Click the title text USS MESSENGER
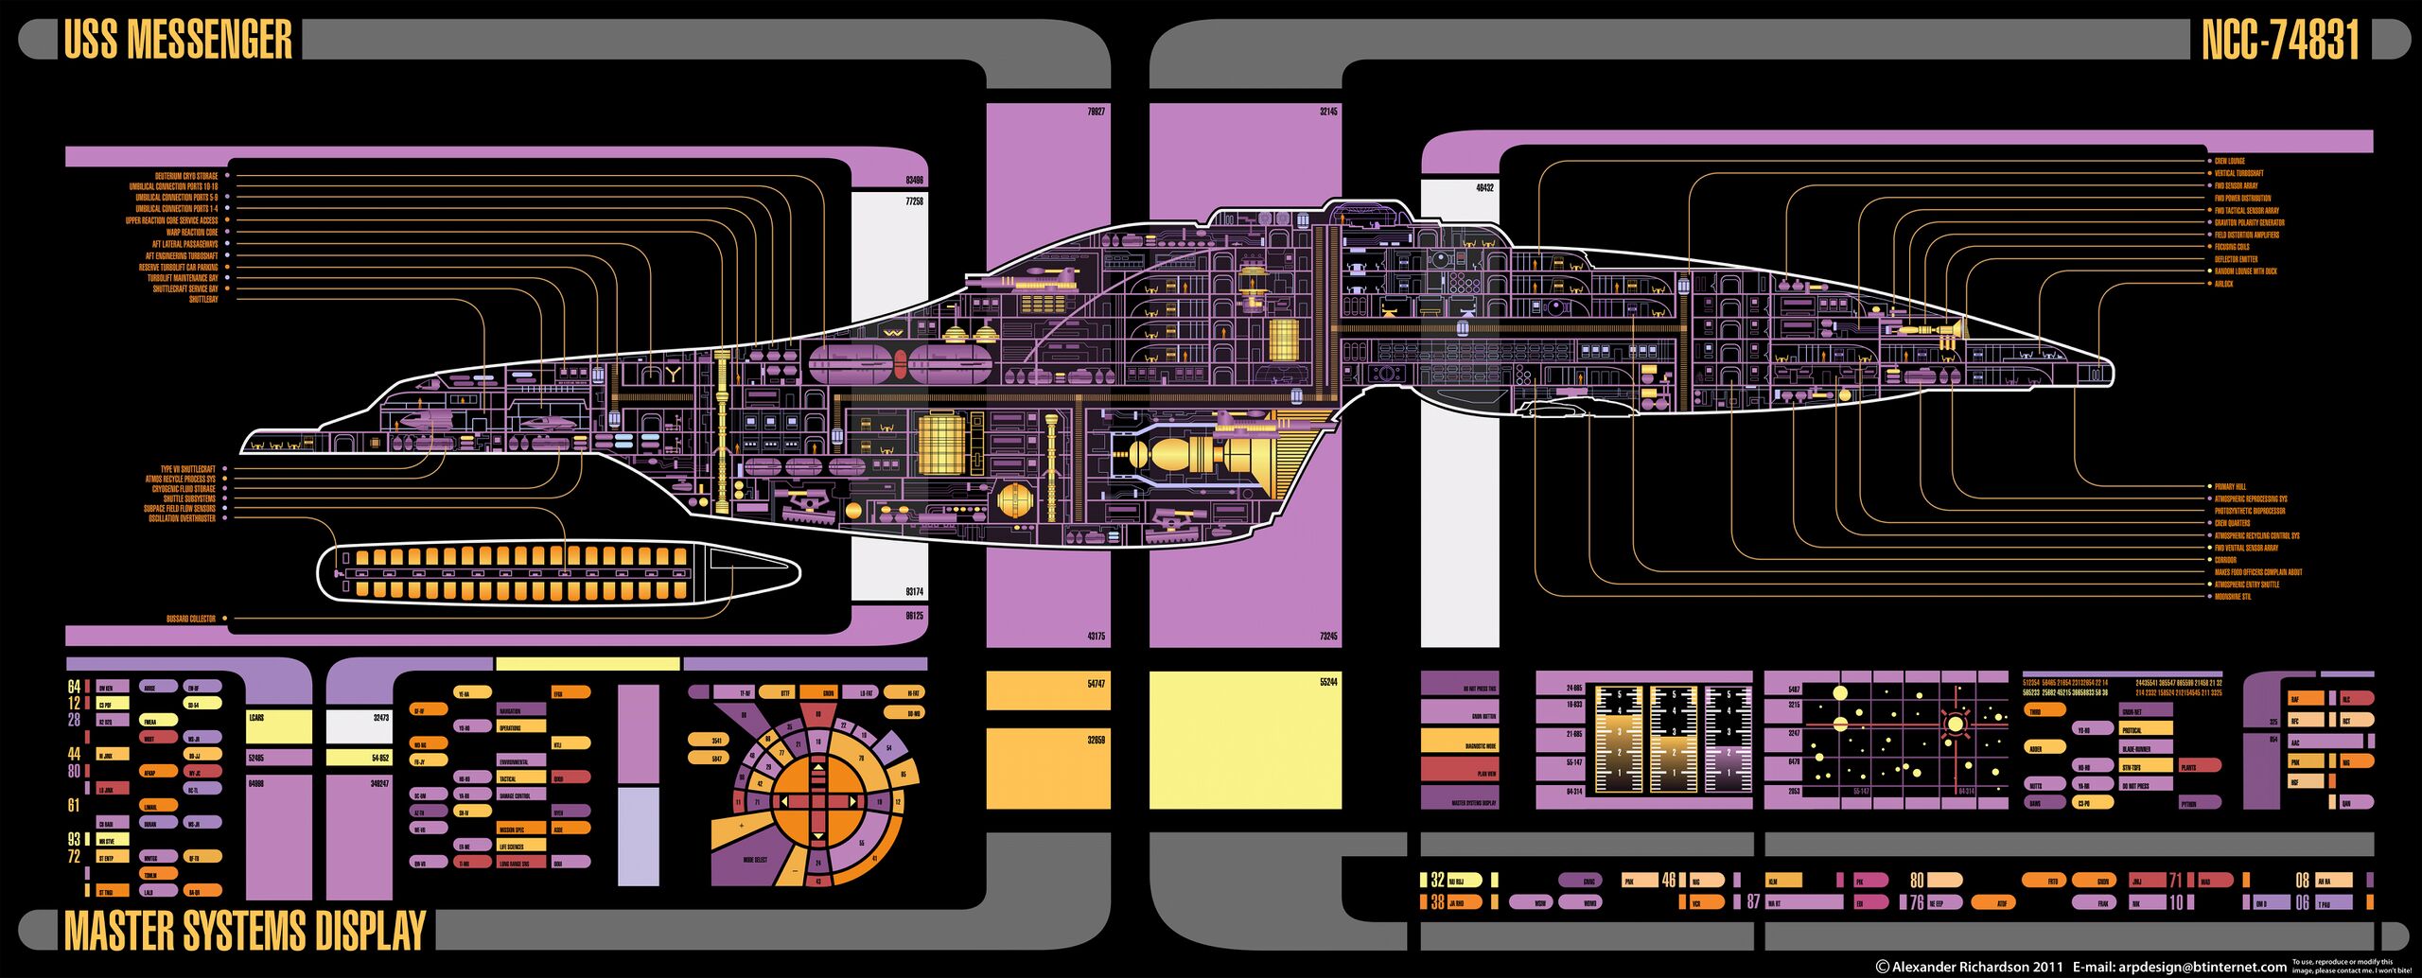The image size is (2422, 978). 178,40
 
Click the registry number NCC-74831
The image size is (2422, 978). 2280,40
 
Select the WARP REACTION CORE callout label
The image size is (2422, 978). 192,232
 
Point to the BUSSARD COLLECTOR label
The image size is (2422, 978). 191,619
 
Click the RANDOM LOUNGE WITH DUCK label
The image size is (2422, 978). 2246,271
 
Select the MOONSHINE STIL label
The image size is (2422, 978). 2233,597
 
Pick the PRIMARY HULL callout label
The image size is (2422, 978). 2230,487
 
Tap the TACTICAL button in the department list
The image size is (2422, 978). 521,778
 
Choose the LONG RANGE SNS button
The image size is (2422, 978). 521,864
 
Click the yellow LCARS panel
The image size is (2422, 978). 279,725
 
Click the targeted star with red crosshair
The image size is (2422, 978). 1955,725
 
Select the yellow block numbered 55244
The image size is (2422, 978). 1245,740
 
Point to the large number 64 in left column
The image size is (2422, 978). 74,687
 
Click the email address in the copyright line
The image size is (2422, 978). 2203,967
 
